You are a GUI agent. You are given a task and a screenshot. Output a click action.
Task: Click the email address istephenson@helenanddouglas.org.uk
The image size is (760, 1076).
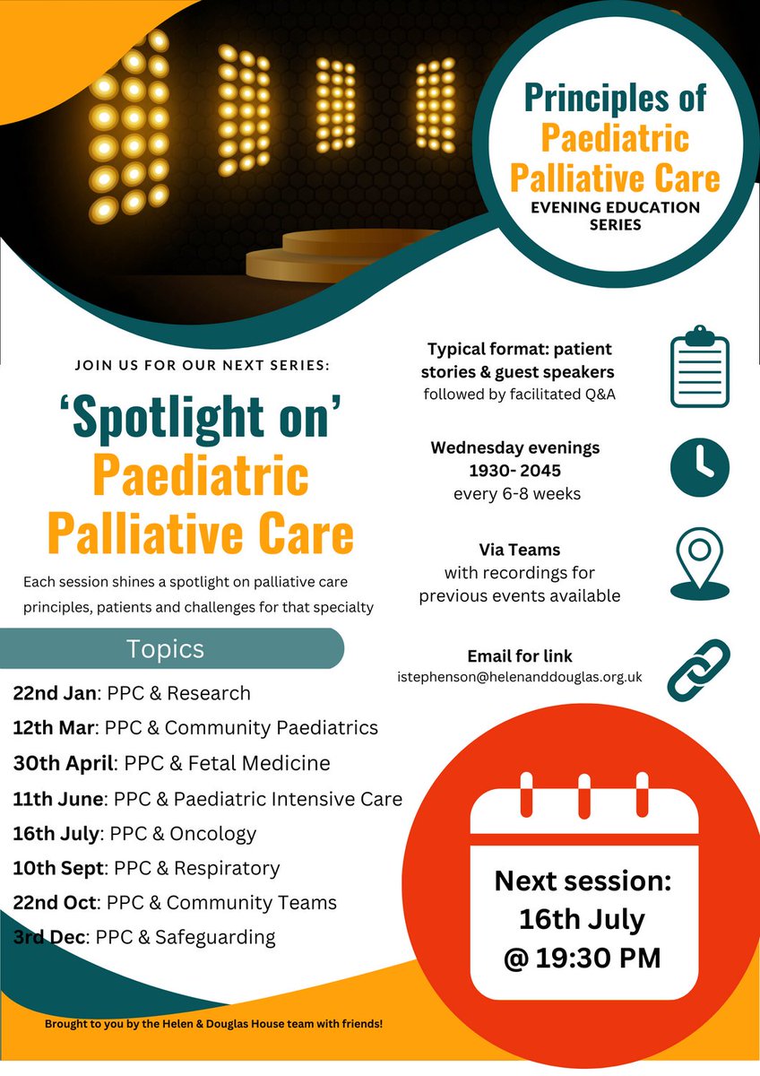(520, 677)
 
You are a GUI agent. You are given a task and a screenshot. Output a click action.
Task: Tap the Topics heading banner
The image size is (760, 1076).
(166, 648)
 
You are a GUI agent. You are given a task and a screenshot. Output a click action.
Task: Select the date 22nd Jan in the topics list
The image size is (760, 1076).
(56, 693)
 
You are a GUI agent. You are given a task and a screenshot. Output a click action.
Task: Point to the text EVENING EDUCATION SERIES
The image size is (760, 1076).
(615, 215)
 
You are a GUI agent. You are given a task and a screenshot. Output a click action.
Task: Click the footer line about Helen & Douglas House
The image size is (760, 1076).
(213, 1023)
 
